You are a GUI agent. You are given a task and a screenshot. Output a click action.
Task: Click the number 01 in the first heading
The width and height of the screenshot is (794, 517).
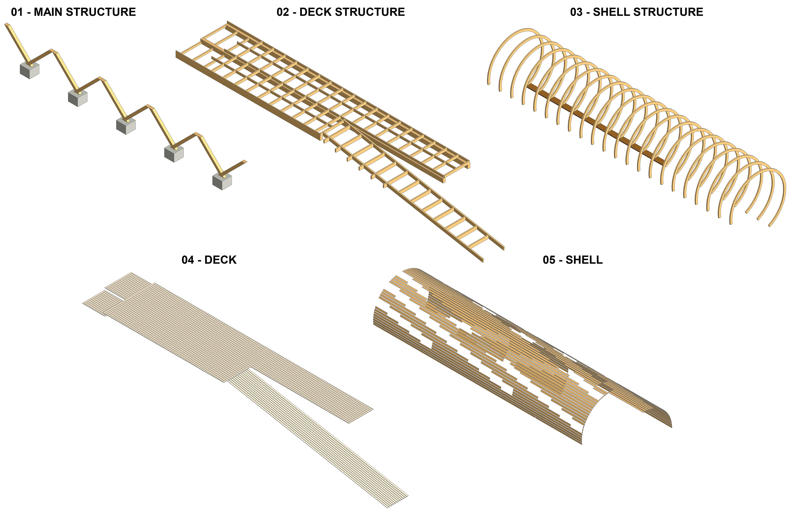pyautogui.click(x=17, y=12)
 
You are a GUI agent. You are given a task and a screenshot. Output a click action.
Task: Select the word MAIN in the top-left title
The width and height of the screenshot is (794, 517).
pyautogui.click(x=49, y=12)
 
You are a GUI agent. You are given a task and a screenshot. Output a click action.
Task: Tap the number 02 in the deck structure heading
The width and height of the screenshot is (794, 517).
pyautogui.click(x=283, y=12)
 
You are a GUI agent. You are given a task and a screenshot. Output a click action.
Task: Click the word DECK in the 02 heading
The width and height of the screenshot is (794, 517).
pyautogui.click(x=315, y=12)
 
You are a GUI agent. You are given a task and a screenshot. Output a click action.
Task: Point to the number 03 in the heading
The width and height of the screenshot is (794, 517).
pyautogui.click(x=577, y=12)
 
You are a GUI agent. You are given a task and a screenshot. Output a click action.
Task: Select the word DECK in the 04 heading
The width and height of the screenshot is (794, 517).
pyautogui.click(x=220, y=260)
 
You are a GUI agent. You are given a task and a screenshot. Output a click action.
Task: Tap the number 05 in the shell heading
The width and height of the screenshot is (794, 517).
pyautogui.click(x=549, y=260)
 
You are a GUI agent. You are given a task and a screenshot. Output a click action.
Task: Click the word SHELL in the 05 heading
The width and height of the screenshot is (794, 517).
pyautogui.click(x=584, y=260)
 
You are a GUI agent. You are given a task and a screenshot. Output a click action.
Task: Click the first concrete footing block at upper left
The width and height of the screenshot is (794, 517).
pyautogui.click(x=29, y=70)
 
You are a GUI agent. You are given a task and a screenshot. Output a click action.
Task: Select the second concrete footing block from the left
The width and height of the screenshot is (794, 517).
pyautogui.click(x=77, y=98)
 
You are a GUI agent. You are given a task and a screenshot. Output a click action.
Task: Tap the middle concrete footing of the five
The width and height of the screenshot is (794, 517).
pyautogui.click(x=126, y=126)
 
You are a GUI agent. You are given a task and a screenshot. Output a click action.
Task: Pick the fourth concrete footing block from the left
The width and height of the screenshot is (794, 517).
pyautogui.click(x=174, y=154)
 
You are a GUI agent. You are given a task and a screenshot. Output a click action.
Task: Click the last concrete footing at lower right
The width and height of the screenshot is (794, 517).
pyautogui.click(x=222, y=182)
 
